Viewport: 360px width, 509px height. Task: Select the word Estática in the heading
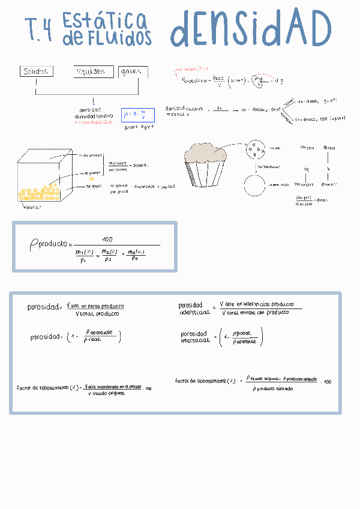[104, 22]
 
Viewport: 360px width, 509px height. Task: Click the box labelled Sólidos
[35, 71]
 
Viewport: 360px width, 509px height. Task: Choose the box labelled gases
[133, 72]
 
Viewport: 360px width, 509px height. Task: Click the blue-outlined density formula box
[137, 115]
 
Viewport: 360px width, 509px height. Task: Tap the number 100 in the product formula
[107, 239]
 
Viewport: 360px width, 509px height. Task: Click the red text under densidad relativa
[94, 122]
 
